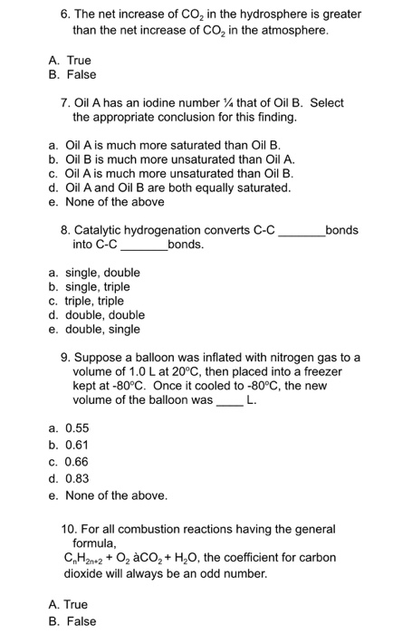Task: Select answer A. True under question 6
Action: coord(69,60)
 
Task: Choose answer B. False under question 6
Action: coord(72,74)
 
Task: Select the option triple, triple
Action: coord(91,301)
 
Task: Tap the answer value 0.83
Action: coord(77,478)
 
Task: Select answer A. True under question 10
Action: coord(69,604)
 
